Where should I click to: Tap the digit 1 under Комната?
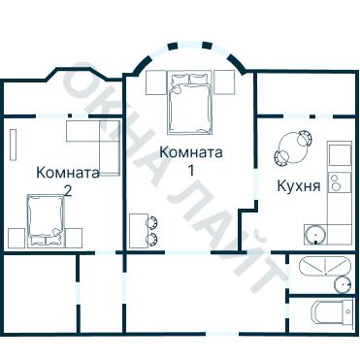click(191, 170)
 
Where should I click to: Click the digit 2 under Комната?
click(67, 190)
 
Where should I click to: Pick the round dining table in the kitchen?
click(289, 148)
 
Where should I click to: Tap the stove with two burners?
click(339, 181)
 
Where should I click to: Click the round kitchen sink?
click(313, 233)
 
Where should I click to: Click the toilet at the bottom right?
click(326, 312)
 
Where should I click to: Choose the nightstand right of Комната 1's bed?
click(224, 82)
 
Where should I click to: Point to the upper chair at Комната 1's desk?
click(152, 222)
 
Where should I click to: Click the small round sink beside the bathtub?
click(341, 284)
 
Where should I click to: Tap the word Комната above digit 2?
click(67, 173)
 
